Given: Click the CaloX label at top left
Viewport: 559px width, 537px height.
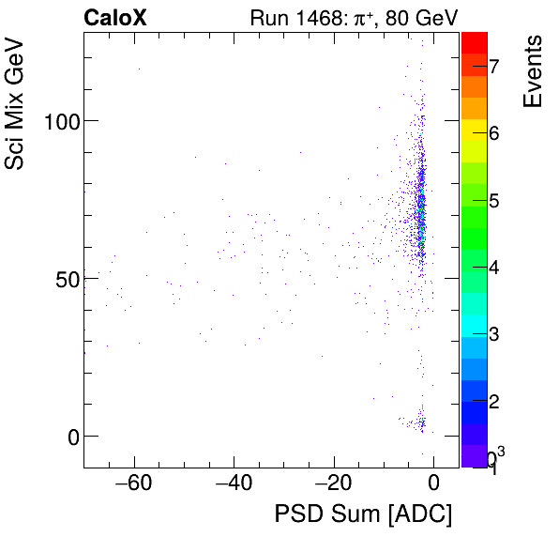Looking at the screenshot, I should pos(114,18).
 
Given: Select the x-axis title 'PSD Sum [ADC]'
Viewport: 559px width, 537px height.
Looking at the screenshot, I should pos(363,514).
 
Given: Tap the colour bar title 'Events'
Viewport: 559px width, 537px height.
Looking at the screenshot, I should pos(533,71).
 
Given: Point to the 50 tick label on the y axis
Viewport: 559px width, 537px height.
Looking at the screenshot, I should pos(62,279).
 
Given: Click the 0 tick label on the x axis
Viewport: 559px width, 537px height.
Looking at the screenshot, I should pos(433,484).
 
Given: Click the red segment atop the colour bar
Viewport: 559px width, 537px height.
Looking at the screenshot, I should pos(474,41).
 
